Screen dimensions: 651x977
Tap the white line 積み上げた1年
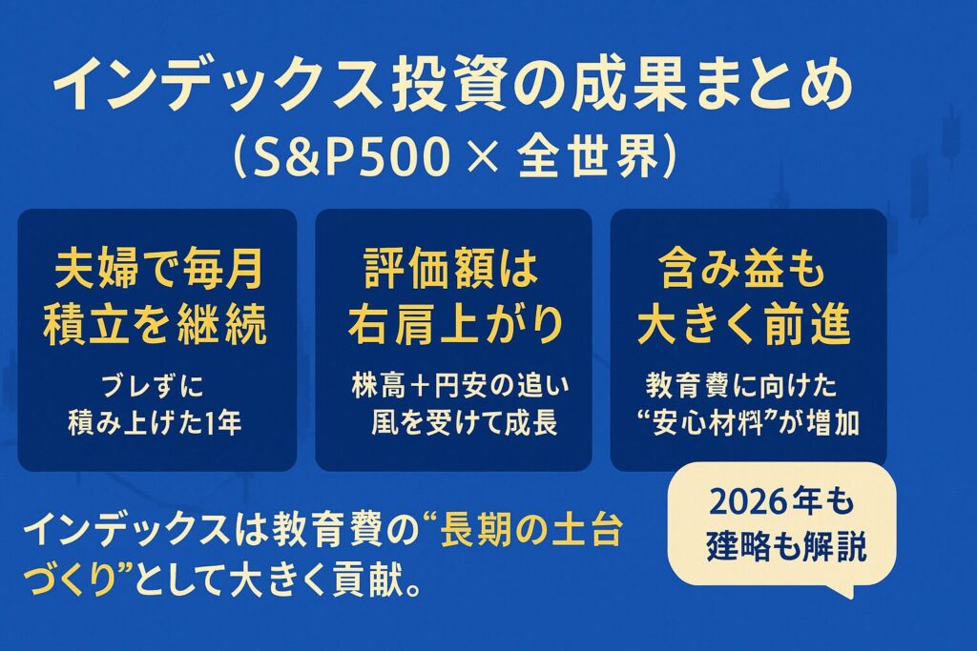coord(158,423)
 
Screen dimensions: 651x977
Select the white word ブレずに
coord(158,388)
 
